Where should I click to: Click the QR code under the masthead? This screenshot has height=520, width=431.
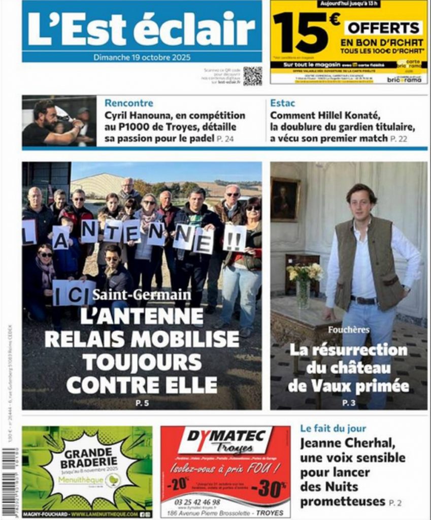coord(252,76)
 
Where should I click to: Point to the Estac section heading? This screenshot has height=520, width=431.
coord(282,103)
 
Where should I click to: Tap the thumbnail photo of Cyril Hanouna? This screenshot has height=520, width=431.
coord(59,121)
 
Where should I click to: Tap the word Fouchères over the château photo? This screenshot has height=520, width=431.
coord(348,330)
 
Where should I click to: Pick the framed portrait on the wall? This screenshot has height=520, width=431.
coord(284,199)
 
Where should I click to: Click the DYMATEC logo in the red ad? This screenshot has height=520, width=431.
coord(226,440)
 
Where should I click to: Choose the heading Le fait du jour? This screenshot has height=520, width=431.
coord(333,428)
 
